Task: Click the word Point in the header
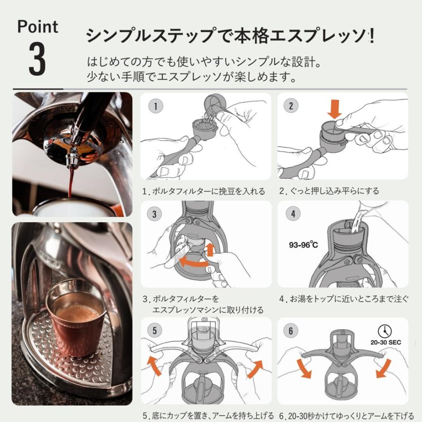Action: pos(37,27)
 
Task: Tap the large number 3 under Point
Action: pos(38,60)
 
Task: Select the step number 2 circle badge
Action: pos(291,105)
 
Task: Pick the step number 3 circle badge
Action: pos(155,214)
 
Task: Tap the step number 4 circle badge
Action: pos(293,214)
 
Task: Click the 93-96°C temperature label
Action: pos(303,245)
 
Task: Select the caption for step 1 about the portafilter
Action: pos(204,191)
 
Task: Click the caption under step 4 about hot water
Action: pos(344,299)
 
